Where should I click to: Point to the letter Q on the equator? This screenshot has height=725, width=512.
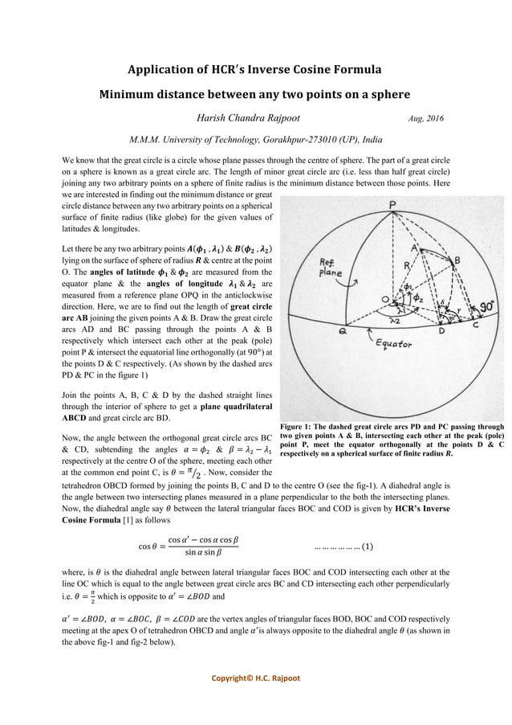343,330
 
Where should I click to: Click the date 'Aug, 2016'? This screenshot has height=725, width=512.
426,119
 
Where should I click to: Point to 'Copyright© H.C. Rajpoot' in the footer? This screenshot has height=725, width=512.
256,678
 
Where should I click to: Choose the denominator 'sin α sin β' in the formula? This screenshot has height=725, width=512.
203,555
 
